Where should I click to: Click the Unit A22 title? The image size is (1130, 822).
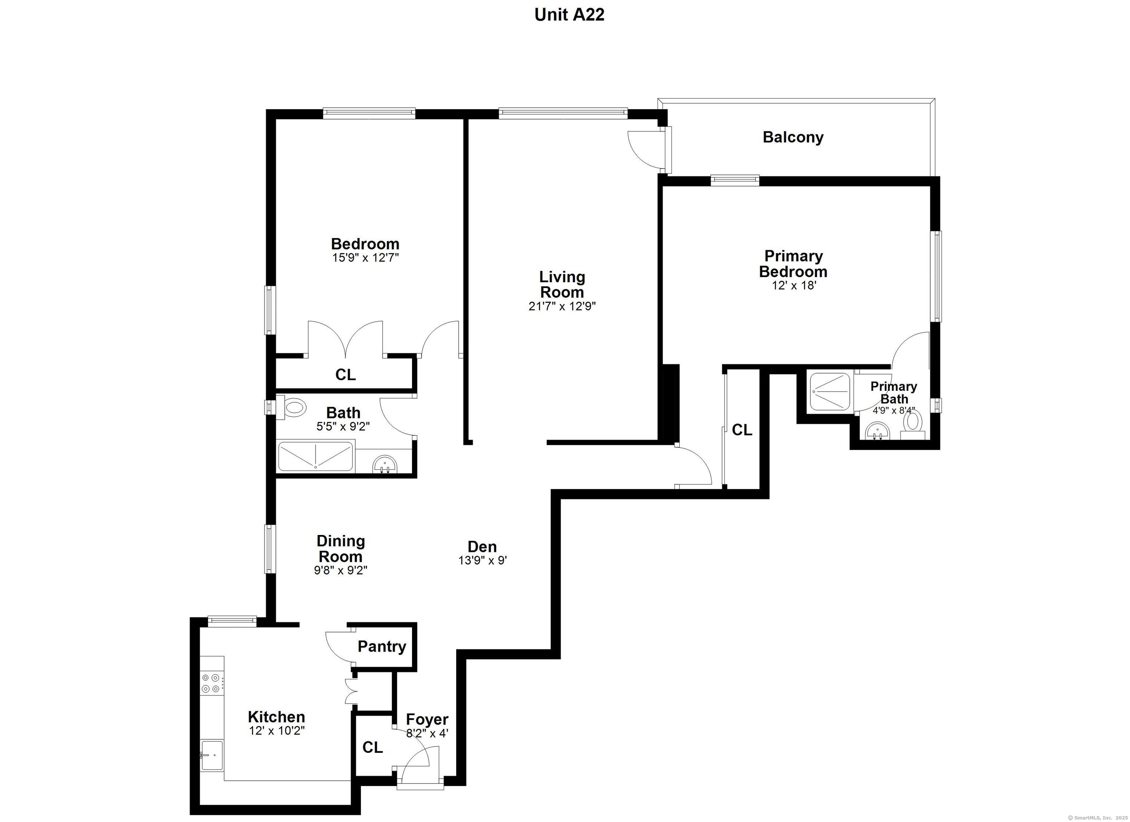[x=569, y=14]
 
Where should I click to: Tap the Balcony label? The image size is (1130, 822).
[x=793, y=137]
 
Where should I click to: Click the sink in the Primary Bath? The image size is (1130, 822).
[x=877, y=431]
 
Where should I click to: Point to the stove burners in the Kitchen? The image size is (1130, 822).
[x=210, y=683]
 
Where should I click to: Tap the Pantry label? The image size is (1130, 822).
[x=382, y=646]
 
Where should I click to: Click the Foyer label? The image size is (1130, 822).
[x=427, y=719]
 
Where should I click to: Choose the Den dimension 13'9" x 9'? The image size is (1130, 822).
[x=482, y=560]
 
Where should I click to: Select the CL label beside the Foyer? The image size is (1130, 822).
[x=373, y=747]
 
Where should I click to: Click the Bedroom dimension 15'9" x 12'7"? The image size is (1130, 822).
[x=365, y=258]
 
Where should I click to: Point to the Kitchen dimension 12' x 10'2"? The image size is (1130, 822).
[x=277, y=731]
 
